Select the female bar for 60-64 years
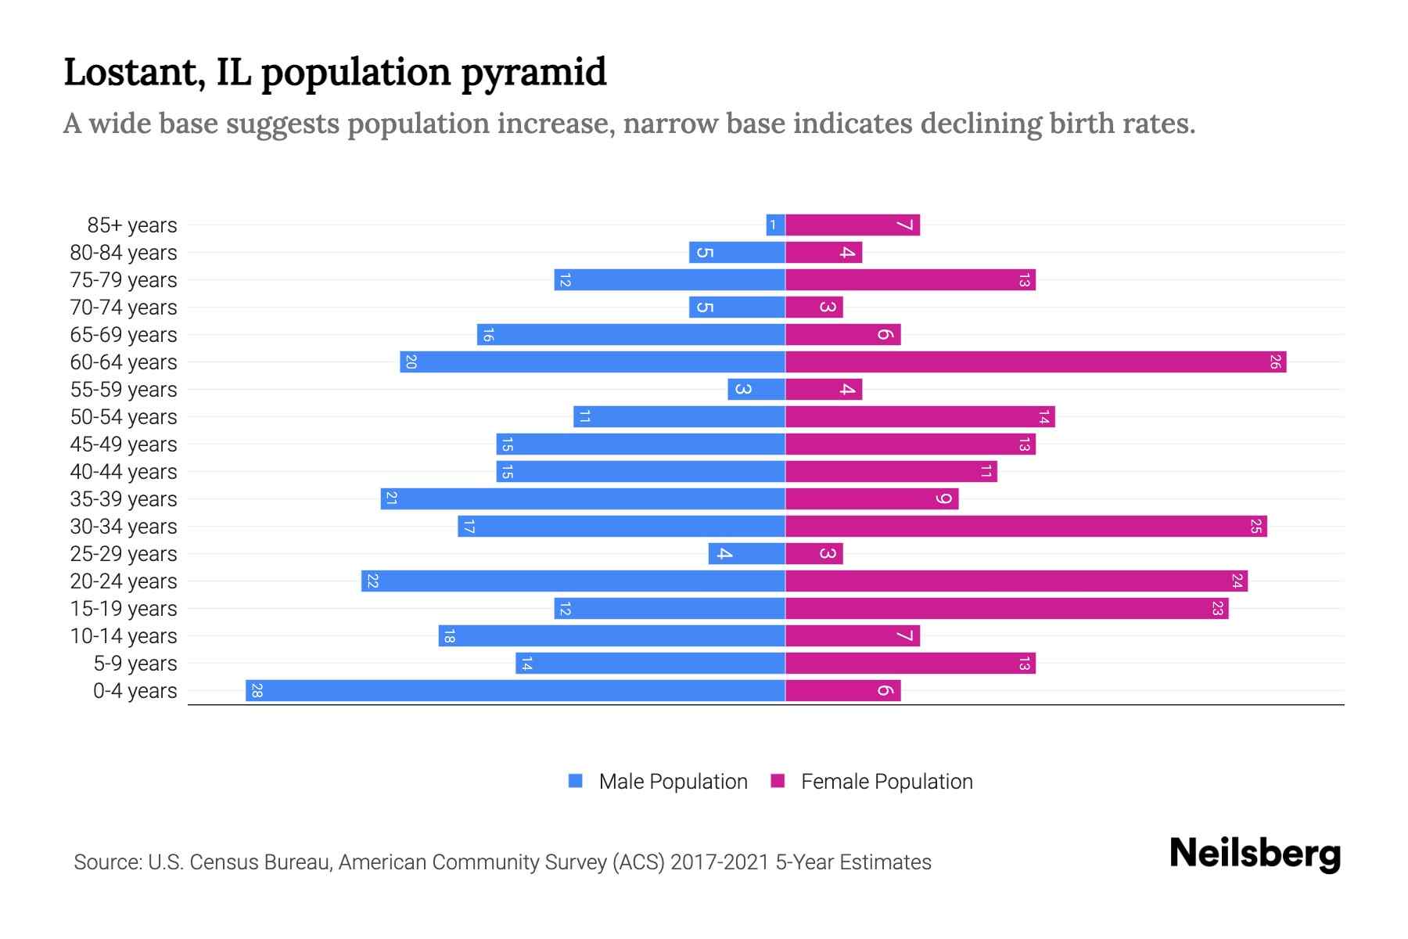tap(1035, 362)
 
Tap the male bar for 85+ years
tap(775, 225)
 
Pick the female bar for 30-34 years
tap(1025, 527)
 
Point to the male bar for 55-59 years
tap(756, 390)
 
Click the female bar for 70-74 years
tap(814, 308)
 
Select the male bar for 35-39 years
tap(583, 499)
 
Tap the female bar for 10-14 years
tap(852, 636)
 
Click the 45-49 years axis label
tap(124, 444)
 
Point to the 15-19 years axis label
tap(124, 609)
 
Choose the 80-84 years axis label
tap(124, 253)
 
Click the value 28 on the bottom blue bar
tap(257, 691)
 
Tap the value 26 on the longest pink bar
tap(1275, 362)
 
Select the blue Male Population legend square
tap(576, 781)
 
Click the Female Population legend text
tap(886, 782)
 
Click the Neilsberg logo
tap(1255, 854)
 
